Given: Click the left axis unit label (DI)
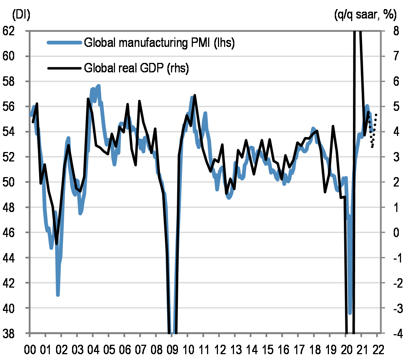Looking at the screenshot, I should [21, 15].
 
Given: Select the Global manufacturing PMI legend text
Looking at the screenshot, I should [159, 43].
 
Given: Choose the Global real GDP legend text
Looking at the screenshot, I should [136, 68].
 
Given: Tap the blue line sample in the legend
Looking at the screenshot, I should [64, 43].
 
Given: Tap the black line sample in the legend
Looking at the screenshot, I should [64, 68].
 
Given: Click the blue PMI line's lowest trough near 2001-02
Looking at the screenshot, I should [58, 294].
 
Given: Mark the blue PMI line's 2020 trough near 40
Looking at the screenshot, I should [350, 313].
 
